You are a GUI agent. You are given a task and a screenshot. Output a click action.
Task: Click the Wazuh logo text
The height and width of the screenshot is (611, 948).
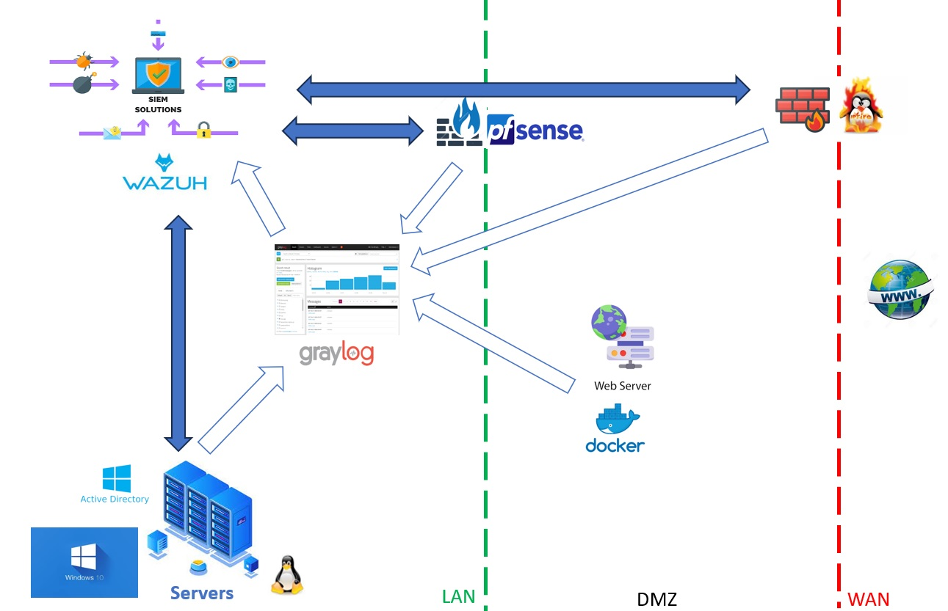[x=164, y=182]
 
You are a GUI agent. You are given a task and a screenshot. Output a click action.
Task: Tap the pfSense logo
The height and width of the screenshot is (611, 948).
[x=535, y=131]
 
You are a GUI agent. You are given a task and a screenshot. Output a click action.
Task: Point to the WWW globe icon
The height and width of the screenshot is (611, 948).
[x=900, y=290]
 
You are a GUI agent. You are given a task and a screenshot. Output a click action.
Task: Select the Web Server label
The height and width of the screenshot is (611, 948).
[x=623, y=386]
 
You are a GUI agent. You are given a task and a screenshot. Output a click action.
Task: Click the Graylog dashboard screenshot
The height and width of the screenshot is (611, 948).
[x=336, y=290]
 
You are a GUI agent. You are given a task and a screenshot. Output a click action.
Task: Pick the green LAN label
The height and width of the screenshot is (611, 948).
[x=459, y=597]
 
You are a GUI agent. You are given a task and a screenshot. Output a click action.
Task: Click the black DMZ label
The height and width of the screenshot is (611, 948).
[x=656, y=599]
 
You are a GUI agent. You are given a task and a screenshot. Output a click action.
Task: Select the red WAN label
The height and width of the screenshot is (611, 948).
[x=868, y=599]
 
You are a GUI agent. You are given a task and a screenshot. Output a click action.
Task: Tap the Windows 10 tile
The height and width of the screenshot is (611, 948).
[x=84, y=562]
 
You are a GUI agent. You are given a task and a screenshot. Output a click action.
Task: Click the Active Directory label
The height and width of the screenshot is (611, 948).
[x=115, y=499]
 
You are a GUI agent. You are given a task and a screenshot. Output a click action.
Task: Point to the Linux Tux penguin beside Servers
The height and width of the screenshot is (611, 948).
[x=286, y=574]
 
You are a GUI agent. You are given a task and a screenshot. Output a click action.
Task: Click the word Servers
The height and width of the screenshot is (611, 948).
[x=202, y=593]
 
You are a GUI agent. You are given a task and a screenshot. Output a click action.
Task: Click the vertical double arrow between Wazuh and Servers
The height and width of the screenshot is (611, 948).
[x=177, y=332]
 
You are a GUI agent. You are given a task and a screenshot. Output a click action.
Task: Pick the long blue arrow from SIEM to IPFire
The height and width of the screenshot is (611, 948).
[x=524, y=89]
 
